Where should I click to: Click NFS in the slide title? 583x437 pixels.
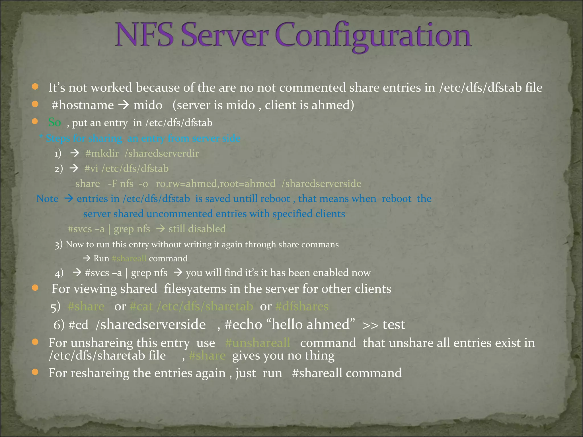point(145,36)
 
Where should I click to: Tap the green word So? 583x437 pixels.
point(55,122)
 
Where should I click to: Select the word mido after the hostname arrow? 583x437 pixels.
point(148,105)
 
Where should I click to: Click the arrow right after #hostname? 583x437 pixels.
point(124,105)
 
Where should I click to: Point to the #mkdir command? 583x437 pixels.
point(102,154)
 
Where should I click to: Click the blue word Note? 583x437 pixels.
point(47,199)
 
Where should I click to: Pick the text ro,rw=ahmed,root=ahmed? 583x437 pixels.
point(215,184)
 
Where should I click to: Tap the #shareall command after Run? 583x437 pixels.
point(129,258)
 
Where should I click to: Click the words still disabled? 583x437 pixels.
point(197,229)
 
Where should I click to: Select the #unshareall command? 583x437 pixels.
point(258,343)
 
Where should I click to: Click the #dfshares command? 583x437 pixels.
point(302,306)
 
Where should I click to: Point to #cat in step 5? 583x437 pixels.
point(141,306)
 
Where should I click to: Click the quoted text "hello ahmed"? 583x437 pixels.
point(313,325)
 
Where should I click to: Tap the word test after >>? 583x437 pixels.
point(394,325)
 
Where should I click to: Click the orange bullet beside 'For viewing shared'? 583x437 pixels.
point(35,288)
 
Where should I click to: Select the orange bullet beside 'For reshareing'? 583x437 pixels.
point(35,372)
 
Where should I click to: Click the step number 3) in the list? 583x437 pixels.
point(58,245)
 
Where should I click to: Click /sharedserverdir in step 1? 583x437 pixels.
point(162,154)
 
